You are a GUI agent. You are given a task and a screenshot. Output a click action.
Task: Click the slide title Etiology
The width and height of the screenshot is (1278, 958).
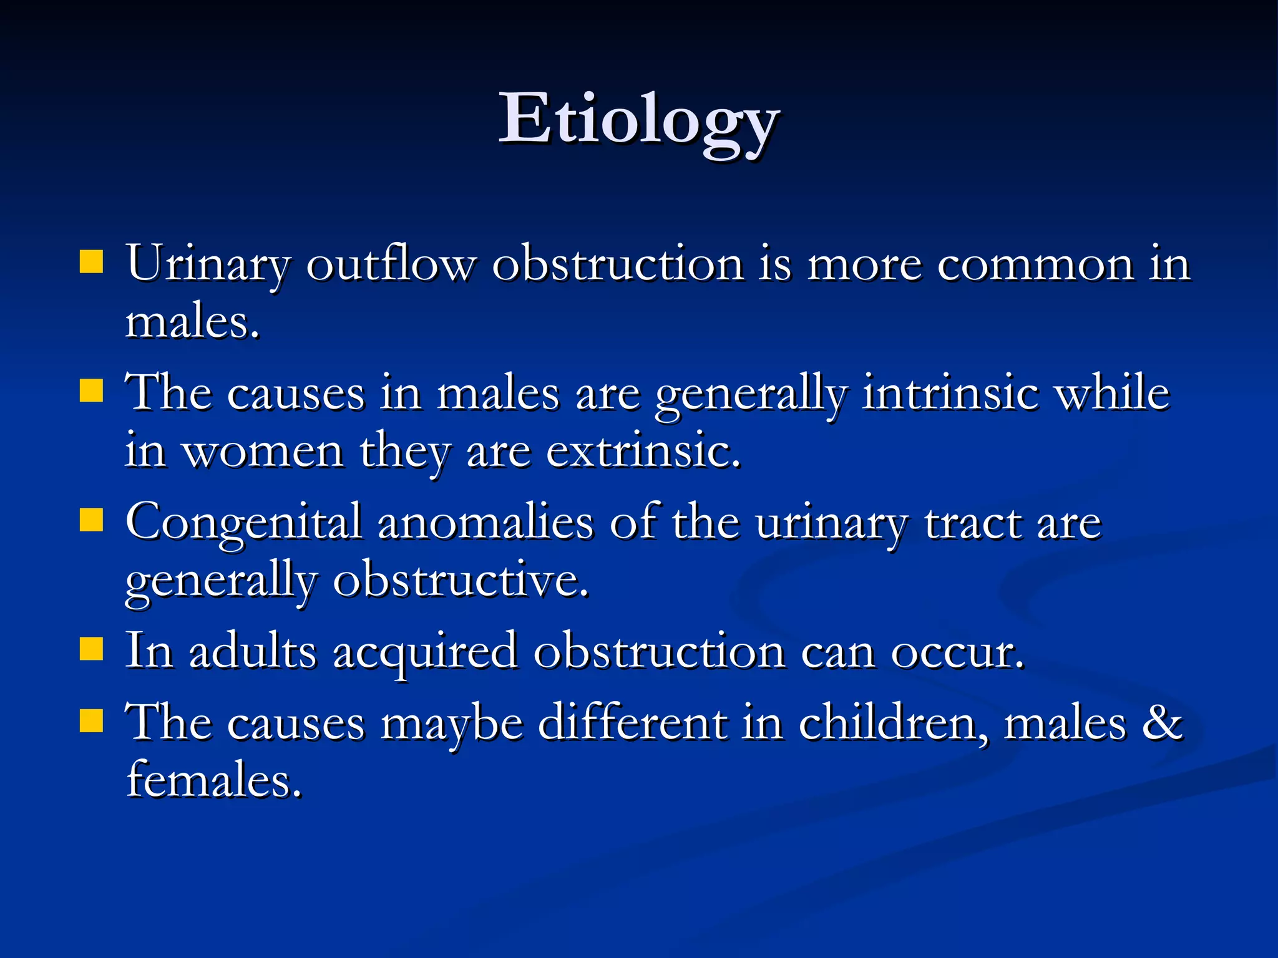[x=639, y=120]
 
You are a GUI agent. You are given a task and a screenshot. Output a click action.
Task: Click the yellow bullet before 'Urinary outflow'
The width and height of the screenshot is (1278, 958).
[x=91, y=263]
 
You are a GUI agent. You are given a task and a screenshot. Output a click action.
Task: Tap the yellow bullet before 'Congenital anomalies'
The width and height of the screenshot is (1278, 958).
[x=91, y=519]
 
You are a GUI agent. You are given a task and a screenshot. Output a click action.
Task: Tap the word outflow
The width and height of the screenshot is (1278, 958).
[x=391, y=264]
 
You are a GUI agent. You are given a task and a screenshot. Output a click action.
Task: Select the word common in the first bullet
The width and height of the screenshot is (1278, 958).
[x=1035, y=264]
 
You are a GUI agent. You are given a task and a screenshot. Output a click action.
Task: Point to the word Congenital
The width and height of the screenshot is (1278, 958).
[x=243, y=523]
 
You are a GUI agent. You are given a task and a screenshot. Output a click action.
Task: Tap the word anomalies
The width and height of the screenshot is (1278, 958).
[x=485, y=523]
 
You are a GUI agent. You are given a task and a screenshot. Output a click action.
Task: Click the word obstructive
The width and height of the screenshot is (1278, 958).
[x=461, y=581]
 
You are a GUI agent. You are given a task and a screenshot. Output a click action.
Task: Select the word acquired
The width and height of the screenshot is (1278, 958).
[x=425, y=652]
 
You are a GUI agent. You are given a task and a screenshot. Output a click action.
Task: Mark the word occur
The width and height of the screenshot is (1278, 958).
[x=957, y=652]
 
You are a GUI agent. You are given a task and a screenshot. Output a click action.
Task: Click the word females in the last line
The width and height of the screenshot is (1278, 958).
[x=214, y=780]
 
